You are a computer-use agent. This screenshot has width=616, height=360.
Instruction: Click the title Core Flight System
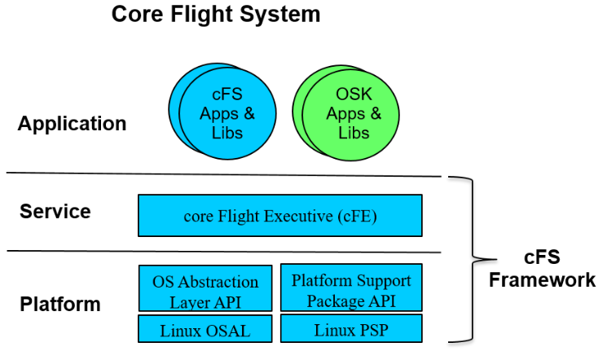(x=216, y=14)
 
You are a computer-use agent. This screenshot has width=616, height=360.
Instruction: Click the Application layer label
(x=73, y=124)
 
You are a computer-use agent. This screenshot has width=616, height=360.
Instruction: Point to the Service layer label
(x=55, y=212)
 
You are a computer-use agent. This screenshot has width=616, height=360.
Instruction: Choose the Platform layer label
(x=60, y=305)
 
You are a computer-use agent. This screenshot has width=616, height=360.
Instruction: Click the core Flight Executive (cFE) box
(x=280, y=216)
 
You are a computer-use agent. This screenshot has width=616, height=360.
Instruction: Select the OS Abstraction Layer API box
(x=206, y=288)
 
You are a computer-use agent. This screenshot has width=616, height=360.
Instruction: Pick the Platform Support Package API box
(x=351, y=288)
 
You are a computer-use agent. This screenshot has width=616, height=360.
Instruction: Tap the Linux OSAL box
(x=206, y=328)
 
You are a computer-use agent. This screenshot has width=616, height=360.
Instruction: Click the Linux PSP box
(x=351, y=328)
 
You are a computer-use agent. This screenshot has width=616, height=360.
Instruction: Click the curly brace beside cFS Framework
(x=465, y=259)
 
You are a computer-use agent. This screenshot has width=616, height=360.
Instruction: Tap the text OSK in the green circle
(x=354, y=95)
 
